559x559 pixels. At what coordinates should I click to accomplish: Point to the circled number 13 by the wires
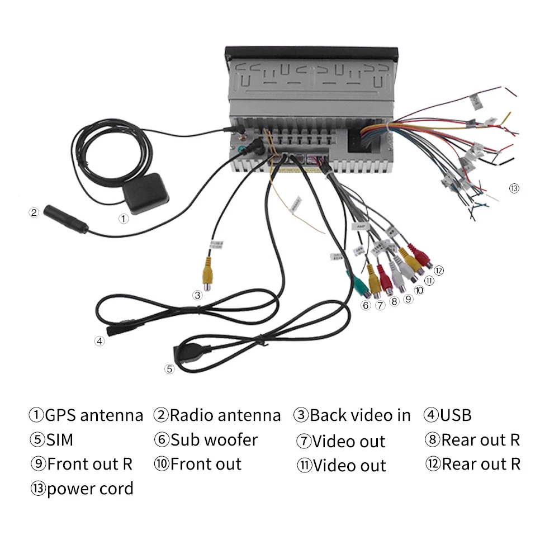(x=514, y=188)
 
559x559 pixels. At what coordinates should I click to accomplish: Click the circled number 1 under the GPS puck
(x=124, y=219)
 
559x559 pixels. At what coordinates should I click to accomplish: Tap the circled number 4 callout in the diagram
(x=100, y=341)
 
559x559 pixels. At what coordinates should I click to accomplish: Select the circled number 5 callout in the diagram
(x=169, y=368)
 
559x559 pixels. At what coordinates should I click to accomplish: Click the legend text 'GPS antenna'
(x=94, y=415)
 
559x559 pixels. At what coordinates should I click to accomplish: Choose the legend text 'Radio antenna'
(x=225, y=415)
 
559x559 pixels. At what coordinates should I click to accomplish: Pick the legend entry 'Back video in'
(x=360, y=415)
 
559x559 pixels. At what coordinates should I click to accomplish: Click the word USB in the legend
(x=456, y=415)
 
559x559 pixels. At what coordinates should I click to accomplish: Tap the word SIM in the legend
(x=59, y=440)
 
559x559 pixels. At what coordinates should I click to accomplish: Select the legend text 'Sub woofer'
(x=214, y=440)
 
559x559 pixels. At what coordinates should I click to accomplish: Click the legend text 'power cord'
(x=90, y=489)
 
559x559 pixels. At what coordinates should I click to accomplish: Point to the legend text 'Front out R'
(x=90, y=465)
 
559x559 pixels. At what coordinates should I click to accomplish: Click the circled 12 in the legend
(x=433, y=464)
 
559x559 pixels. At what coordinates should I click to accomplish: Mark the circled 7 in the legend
(x=304, y=441)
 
